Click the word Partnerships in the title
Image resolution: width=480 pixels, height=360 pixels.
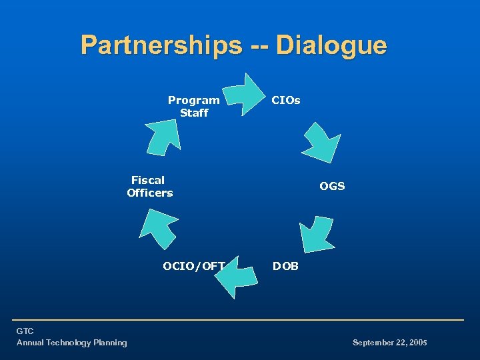click(161, 46)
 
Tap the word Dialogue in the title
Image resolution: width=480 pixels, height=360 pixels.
click(331, 46)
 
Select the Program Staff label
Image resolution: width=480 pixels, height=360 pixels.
click(193, 107)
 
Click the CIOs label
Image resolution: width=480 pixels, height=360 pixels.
click(286, 101)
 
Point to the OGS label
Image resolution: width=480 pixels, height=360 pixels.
click(332, 187)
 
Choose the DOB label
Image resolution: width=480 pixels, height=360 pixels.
click(286, 267)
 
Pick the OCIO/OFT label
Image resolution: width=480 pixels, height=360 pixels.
click(194, 267)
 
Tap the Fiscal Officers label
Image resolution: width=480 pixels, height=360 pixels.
click(149, 187)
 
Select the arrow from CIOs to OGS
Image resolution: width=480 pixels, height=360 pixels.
click(321, 143)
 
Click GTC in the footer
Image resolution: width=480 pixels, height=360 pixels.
click(25, 331)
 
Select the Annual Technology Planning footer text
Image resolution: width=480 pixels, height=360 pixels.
click(71, 343)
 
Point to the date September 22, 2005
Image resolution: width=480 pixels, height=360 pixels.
click(389, 343)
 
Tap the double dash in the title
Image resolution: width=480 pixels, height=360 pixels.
click(261, 46)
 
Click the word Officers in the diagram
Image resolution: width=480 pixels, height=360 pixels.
click(149, 193)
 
